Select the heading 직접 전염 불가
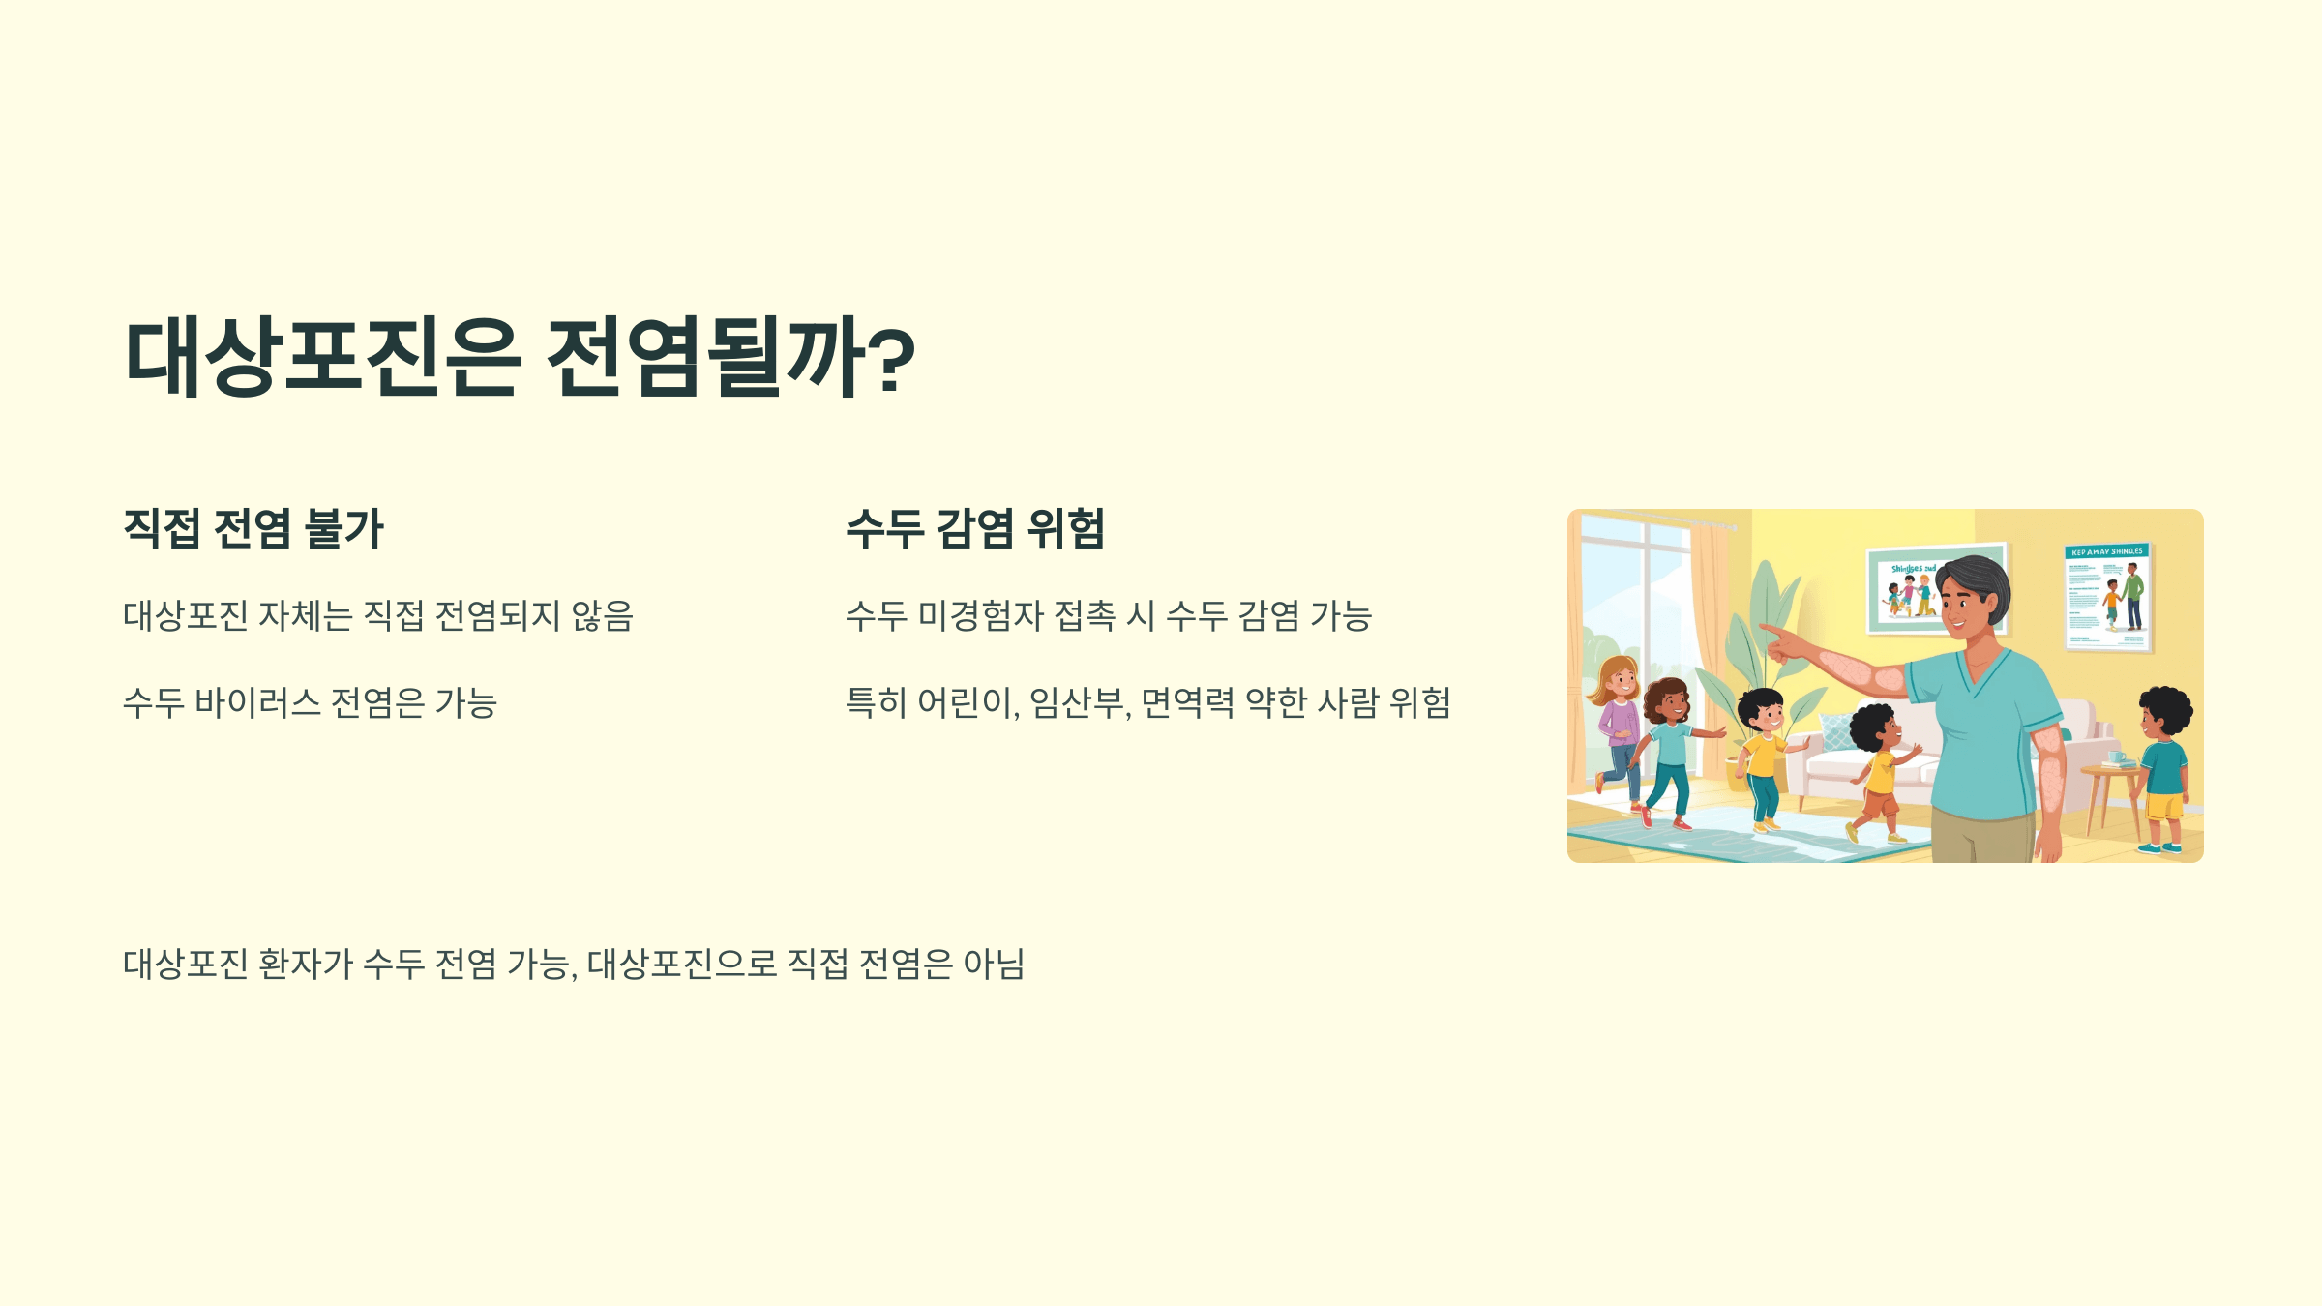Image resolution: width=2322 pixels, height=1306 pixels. click(253, 528)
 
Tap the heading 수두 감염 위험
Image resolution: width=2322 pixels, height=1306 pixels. click(975, 528)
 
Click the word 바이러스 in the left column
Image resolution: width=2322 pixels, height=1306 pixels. click(257, 702)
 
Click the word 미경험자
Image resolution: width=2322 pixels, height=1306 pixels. click(979, 615)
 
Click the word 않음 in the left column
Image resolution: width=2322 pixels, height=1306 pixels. click(602, 615)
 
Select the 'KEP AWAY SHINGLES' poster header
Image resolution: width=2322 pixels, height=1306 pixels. click(2107, 551)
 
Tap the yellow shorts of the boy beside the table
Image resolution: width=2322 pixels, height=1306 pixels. click(2165, 804)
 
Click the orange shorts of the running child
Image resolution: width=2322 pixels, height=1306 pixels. click(1881, 802)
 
